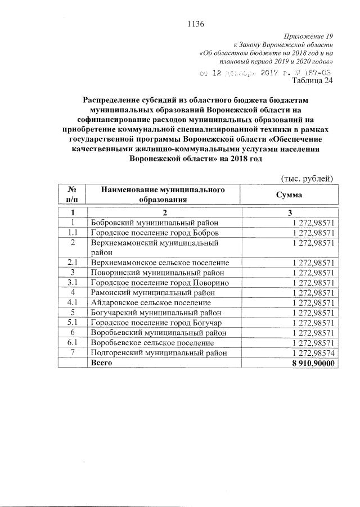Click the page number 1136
pos(194,24)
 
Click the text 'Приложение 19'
pos(309,36)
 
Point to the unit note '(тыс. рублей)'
pos(308,178)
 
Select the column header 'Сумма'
pos(288,194)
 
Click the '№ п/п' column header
pos(72,194)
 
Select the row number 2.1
pos(72,262)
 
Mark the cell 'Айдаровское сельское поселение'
pos(147,302)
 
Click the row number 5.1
pos(72,323)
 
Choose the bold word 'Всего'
pos(102,363)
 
